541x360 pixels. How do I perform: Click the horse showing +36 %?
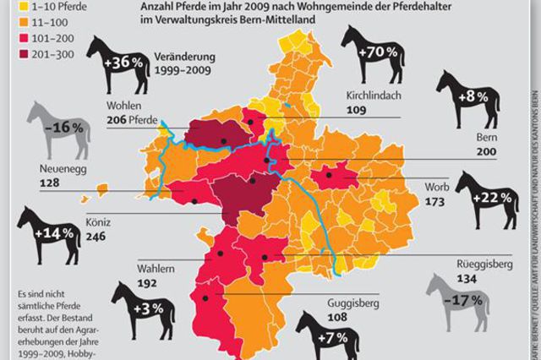[122, 65]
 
